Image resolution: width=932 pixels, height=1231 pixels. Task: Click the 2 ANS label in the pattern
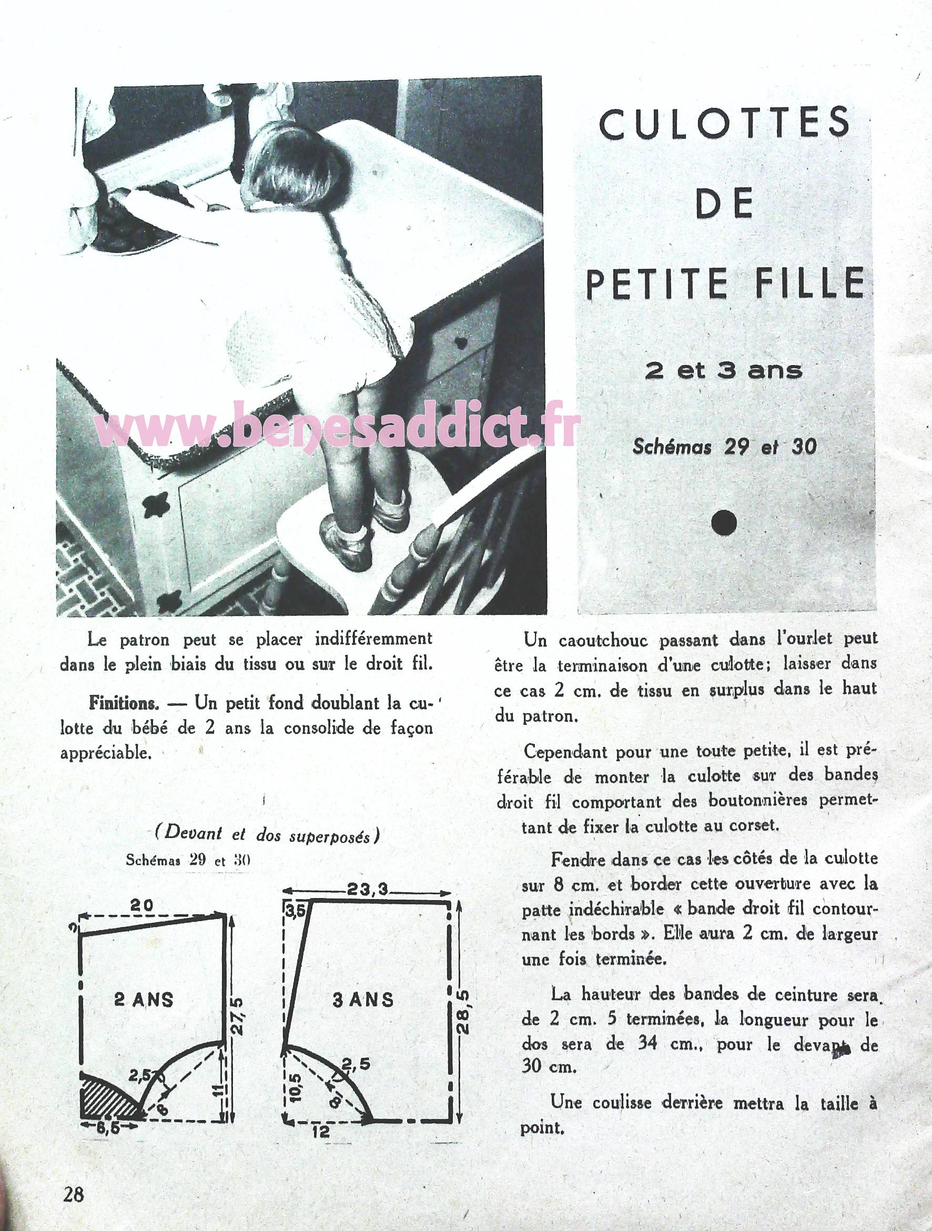click(144, 1000)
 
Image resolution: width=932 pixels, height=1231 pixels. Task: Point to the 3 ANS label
click(363, 1000)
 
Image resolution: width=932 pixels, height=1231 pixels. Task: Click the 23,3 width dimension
click(367, 891)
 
